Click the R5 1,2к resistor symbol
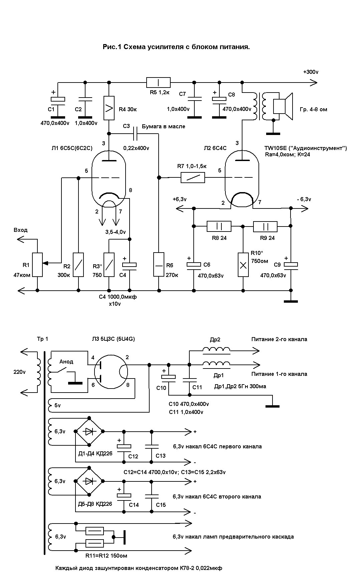click(x=158, y=82)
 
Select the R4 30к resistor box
click(x=109, y=108)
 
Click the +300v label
click(x=311, y=72)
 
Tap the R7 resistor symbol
click(x=193, y=177)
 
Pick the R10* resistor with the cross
click(x=243, y=265)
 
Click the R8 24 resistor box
click(x=219, y=226)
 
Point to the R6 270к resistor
click(x=159, y=265)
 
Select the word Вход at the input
click(x=21, y=230)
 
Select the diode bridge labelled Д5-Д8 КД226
click(x=89, y=481)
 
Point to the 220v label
click(x=19, y=372)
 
